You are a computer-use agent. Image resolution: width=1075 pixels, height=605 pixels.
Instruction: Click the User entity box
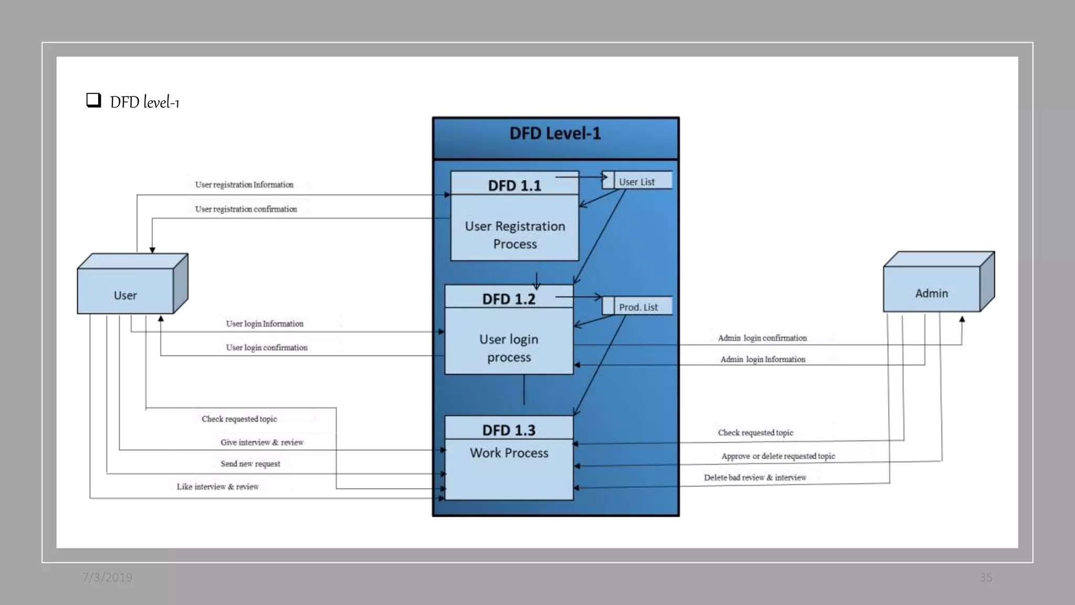[126, 291]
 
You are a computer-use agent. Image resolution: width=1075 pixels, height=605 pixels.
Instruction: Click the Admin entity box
[932, 289]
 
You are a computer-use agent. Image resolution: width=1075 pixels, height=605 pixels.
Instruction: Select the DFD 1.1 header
[514, 185]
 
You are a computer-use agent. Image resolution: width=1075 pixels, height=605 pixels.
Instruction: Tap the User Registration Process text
[515, 235]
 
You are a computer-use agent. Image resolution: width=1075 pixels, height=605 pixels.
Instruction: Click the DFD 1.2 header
[509, 298]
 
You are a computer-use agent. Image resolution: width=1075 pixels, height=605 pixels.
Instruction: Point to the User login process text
[509, 348]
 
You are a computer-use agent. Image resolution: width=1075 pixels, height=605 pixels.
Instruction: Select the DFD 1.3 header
[509, 430]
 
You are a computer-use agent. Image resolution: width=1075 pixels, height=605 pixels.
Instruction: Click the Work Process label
[509, 453]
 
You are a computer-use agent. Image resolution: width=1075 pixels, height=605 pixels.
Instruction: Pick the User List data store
[637, 181]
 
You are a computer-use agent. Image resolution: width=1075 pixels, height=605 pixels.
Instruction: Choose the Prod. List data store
[638, 307]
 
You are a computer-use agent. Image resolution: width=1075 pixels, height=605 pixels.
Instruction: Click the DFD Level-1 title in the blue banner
[555, 133]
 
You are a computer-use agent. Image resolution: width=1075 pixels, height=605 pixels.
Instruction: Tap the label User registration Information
[244, 184]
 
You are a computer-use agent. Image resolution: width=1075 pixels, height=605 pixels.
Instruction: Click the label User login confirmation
[267, 347]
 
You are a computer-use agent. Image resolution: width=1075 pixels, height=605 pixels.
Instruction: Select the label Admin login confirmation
[762, 338]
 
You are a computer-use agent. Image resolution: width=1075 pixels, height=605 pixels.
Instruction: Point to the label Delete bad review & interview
[755, 477]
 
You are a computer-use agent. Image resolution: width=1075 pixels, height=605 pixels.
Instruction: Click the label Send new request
[250, 463]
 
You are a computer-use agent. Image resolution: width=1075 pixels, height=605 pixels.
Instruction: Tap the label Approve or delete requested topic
[778, 456]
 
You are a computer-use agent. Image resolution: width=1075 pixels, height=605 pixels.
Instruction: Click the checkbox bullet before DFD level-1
[93, 100]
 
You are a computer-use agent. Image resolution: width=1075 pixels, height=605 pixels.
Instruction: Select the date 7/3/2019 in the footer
[107, 577]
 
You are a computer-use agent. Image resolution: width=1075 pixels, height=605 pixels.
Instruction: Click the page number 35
[985, 577]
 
